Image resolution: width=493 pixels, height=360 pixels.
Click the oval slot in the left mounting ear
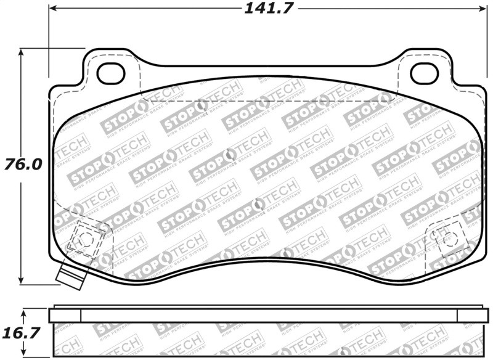(112, 72)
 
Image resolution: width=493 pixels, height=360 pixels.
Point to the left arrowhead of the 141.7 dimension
(52, 9)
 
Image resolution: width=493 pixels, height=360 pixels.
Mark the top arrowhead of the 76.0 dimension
(22, 52)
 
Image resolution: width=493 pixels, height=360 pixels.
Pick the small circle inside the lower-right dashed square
(445, 236)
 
